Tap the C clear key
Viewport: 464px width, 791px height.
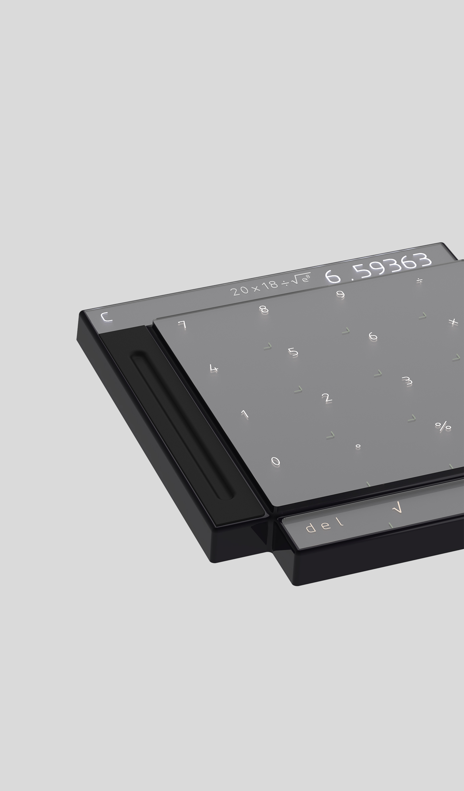[x=107, y=318]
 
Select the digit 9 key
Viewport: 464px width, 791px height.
[x=340, y=294]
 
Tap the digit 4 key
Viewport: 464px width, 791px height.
[x=214, y=368]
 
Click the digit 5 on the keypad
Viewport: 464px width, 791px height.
[x=293, y=351]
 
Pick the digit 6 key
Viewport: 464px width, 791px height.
[x=373, y=336]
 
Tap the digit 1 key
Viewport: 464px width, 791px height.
[x=245, y=414]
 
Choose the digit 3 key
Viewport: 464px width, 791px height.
[x=407, y=381]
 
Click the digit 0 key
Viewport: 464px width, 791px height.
[x=275, y=461]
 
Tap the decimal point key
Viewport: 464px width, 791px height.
[x=358, y=446]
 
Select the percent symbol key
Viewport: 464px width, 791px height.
[x=443, y=426]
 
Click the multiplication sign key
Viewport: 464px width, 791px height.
[x=453, y=322]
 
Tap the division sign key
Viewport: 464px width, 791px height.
[x=419, y=281]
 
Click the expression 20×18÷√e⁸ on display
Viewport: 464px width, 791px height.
[x=270, y=287]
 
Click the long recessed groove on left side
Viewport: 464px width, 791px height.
[x=182, y=427]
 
